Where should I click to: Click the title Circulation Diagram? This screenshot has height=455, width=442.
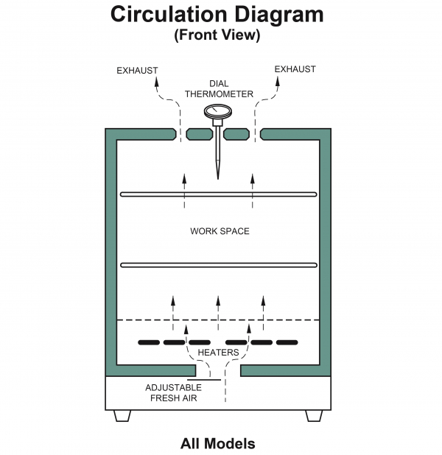click(217, 15)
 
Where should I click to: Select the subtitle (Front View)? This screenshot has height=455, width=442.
click(217, 35)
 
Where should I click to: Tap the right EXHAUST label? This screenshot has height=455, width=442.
click(295, 69)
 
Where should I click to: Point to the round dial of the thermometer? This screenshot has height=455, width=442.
click(218, 112)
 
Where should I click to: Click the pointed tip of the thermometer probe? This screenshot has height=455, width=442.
click(218, 177)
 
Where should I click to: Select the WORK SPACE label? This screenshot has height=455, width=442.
click(220, 231)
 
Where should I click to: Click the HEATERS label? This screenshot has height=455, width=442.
click(218, 353)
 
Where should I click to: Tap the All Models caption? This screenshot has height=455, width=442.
click(218, 444)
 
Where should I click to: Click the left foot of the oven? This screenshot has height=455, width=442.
click(122, 416)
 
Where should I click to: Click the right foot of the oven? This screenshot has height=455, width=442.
click(314, 416)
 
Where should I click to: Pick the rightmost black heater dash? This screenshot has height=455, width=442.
click(287, 342)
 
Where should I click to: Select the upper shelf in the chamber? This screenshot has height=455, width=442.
click(218, 194)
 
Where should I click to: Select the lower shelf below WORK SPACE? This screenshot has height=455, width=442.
click(218, 265)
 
